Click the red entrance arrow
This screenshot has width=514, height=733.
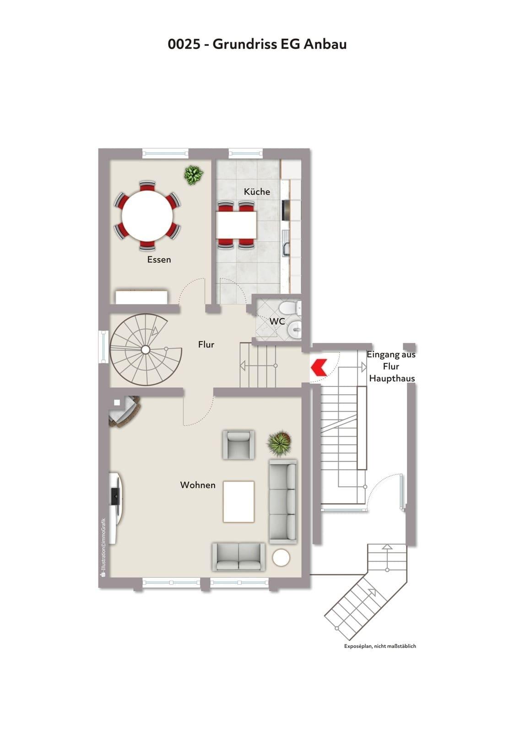point(319,367)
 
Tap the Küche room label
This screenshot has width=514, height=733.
point(257,191)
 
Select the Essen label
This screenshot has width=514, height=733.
point(159,260)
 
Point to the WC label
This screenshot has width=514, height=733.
point(277,321)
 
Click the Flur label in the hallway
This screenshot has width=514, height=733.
point(206,344)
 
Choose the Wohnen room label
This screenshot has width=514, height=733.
point(198,485)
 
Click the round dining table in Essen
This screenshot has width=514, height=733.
point(147,216)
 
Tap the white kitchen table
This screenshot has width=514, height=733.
point(236,225)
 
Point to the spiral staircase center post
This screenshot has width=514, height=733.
point(146,350)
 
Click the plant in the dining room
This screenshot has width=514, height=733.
point(193,175)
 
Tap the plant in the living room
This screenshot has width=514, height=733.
point(279,443)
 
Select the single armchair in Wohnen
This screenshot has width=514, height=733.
point(238,445)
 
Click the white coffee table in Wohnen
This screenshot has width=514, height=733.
point(238,501)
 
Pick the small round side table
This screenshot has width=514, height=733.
point(281,557)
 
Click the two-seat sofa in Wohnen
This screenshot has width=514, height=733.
point(238,557)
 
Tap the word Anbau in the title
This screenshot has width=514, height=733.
point(325,44)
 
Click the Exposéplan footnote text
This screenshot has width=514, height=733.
point(380,646)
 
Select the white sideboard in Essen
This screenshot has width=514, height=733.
point(142,297)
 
